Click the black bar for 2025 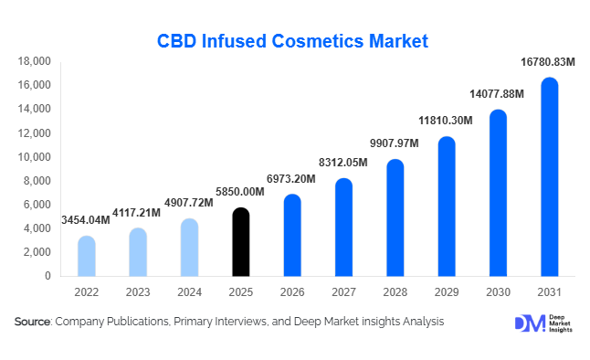(x=239, y=242)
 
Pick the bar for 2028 (x=395, y=218)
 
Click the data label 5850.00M (x=240, y=193)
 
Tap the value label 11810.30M (x=445, y=121)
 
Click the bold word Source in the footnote (x=32, y=322)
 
